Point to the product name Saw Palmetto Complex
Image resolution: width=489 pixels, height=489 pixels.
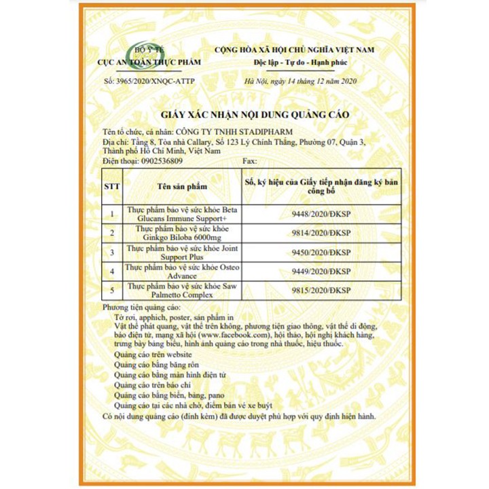179,296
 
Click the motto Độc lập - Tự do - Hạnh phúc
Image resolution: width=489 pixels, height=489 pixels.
294,62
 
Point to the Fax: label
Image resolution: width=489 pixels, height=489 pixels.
250,164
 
